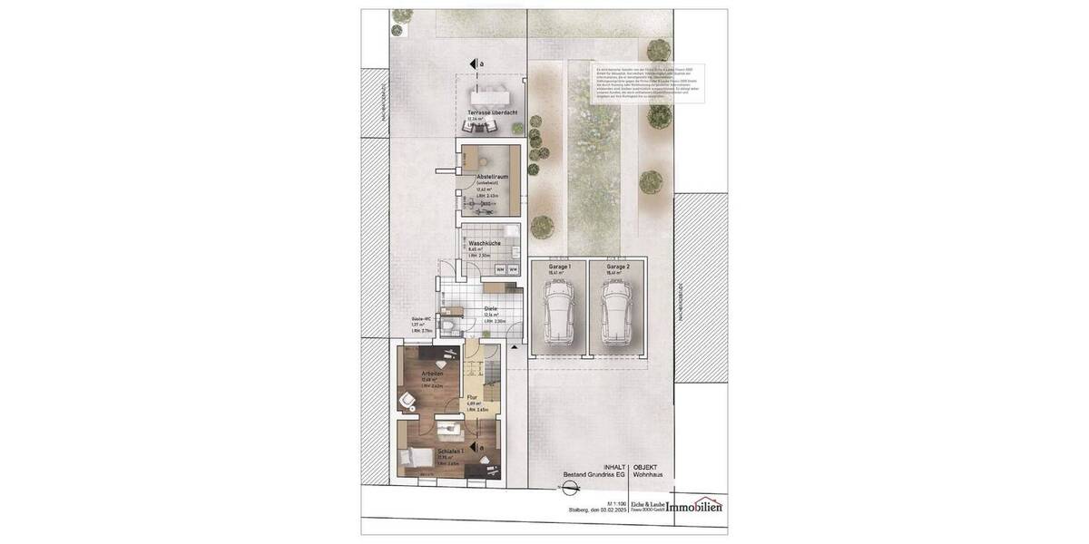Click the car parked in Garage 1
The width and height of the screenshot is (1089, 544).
pyautogui.click(x=556, y=314)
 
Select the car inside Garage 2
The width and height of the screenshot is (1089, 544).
pyautogui.click(x=615, y=314)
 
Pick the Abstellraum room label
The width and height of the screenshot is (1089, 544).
pyautogui.click(x=487, y=178)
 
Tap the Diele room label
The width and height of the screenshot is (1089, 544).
pyautogui.click(x=490, y=309)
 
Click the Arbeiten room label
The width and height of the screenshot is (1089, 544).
pyautogui.click(x=432, y=374)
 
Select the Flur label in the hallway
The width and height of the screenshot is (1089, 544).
pyautogui.click(x=472, y=397)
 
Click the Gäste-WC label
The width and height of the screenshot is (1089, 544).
pyautogui.click(x=420, y=319)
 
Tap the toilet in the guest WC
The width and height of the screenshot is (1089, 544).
pyautogui.click(x=450, y=325)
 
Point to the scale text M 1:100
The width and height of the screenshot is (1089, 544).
pyautogui.click(x=616, y=501)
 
